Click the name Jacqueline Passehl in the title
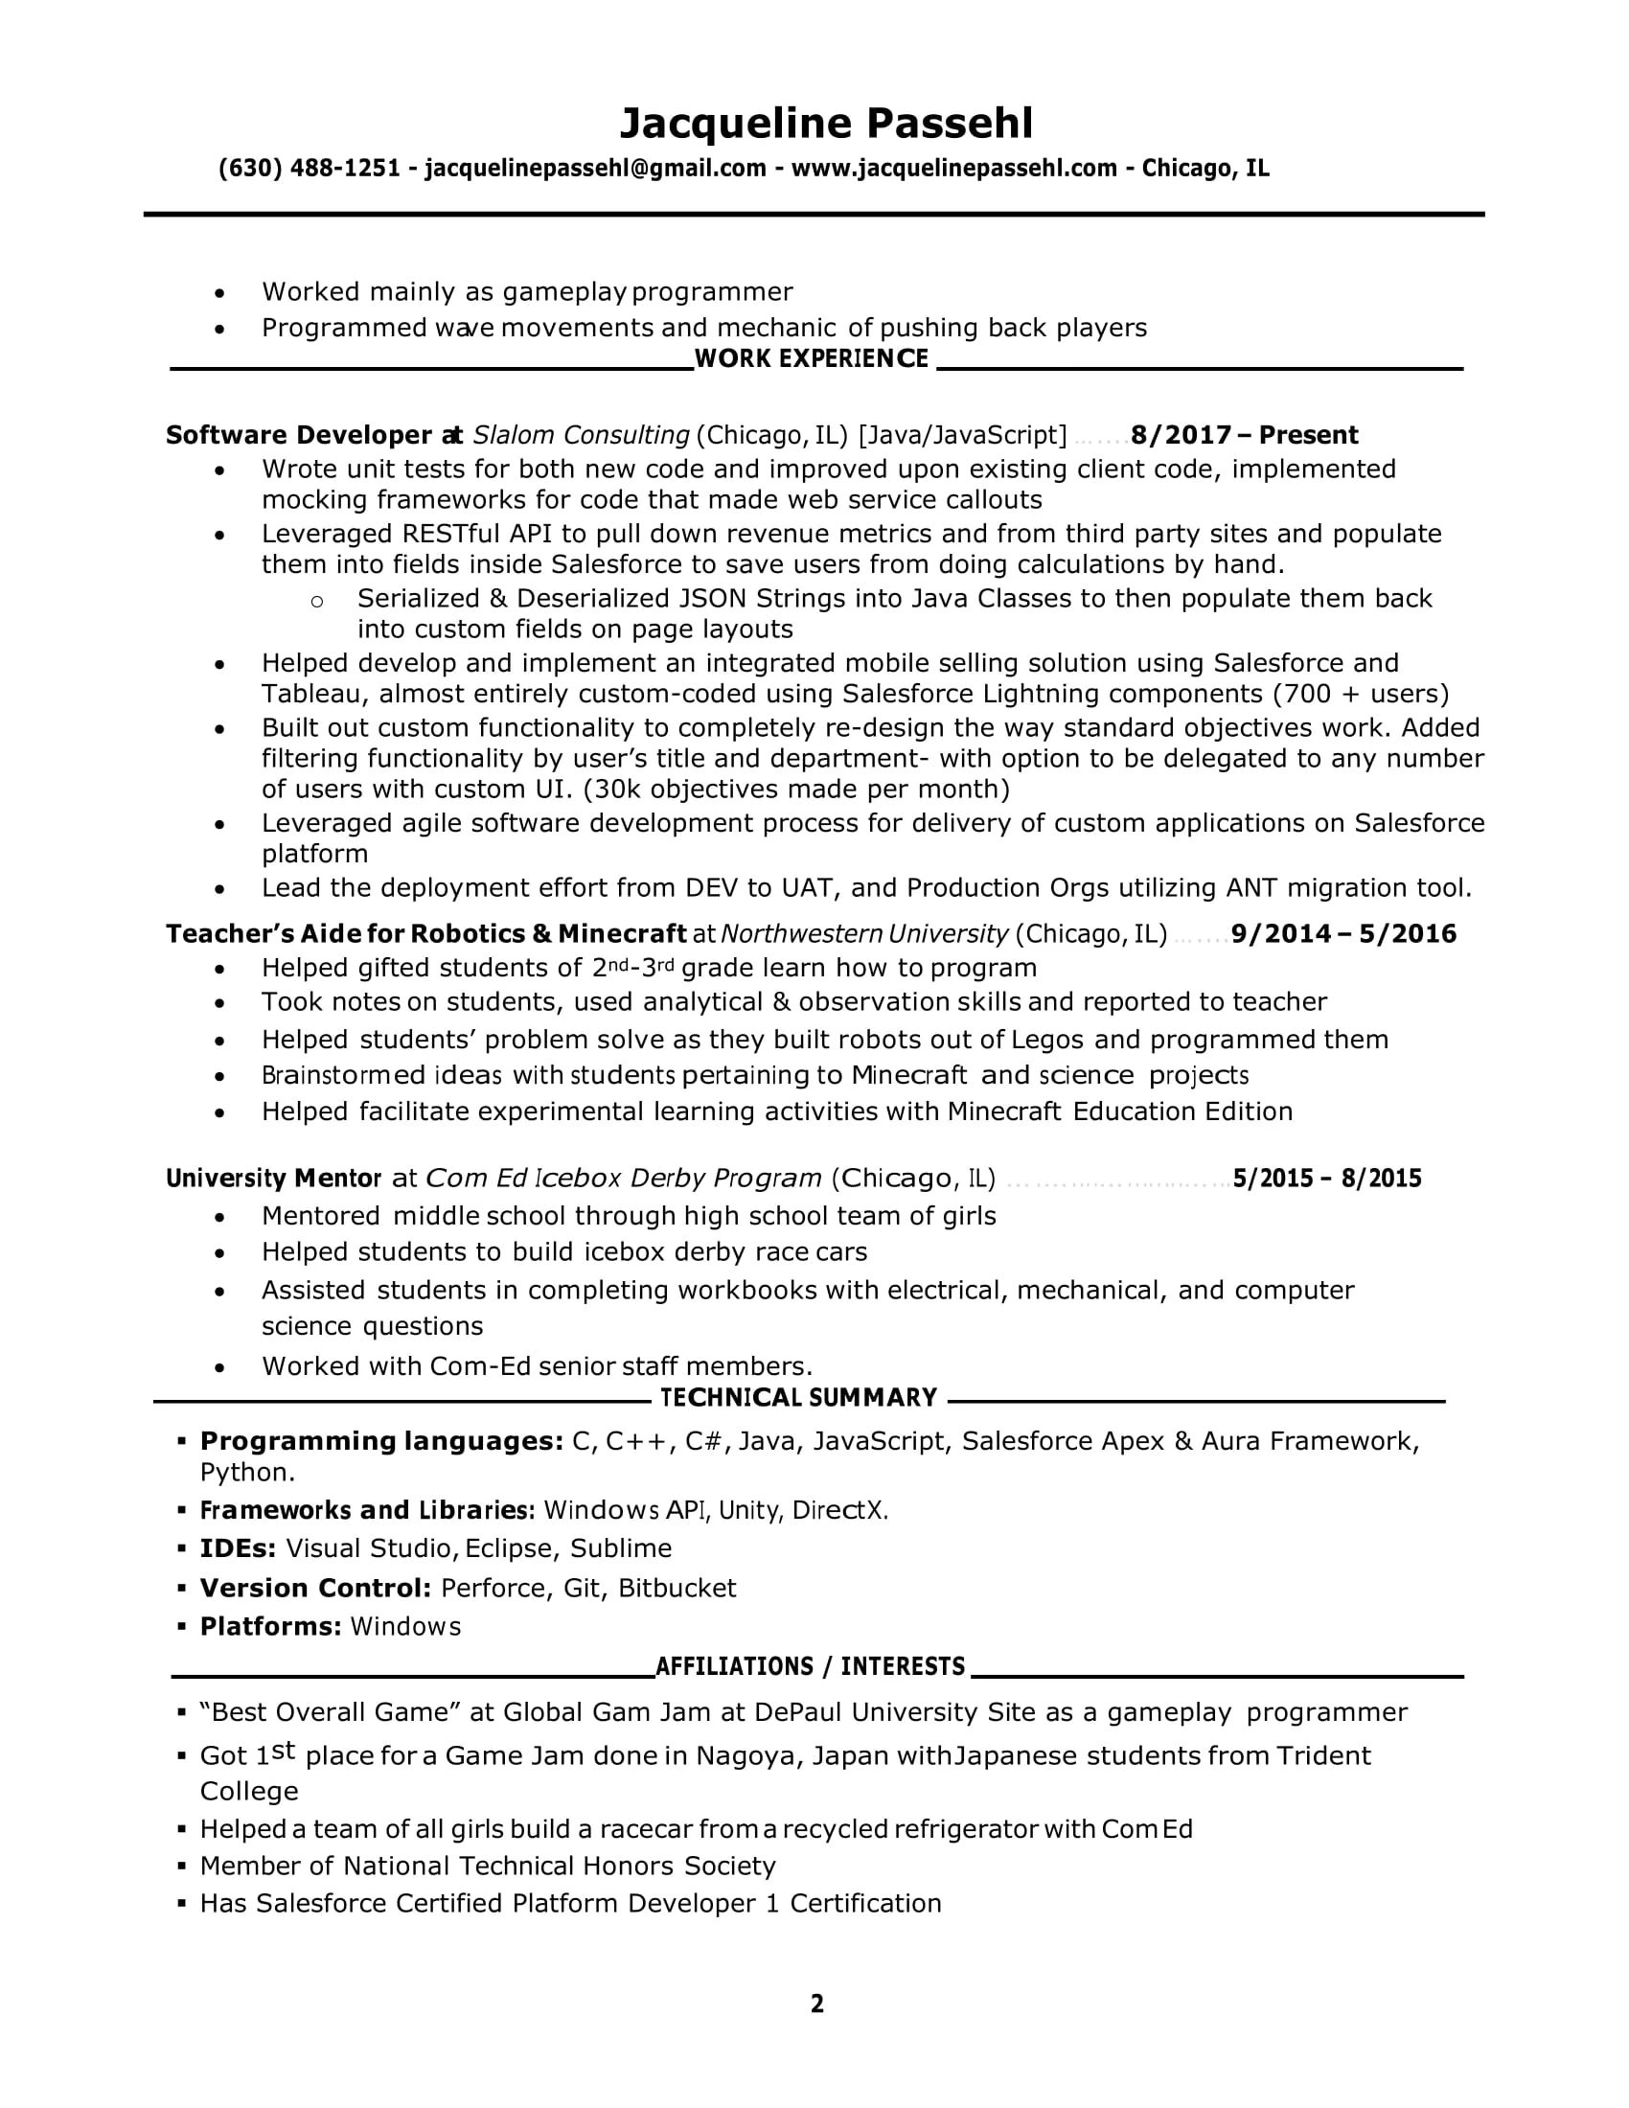[825, 124]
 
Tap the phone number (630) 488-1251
[309, 169]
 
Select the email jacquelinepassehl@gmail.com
[594, 169]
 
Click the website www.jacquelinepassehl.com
[953, 169]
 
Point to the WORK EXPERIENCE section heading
[811, 359]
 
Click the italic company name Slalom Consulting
[581, 435]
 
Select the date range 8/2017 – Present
[1244, 435]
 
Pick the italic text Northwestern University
[863, 934]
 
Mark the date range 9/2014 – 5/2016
[1343, 934]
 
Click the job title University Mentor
[273, 1179]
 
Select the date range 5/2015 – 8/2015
[1327, 1179]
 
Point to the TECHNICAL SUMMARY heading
[798, 1398]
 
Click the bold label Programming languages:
[381, 1441]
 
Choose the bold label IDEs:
[238, 1548]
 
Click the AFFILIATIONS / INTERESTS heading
[810, 1667]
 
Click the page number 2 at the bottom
[816, 2005]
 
